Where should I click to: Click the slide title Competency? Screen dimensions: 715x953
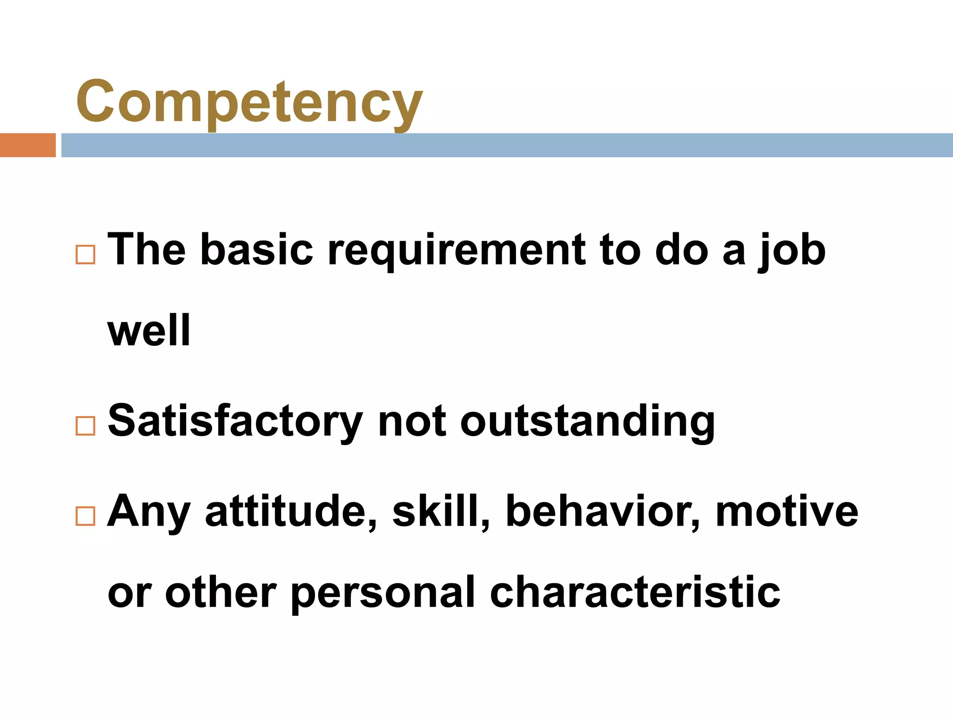249,101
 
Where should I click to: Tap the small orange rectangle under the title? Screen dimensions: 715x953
27,145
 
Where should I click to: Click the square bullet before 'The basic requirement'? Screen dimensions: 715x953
85,255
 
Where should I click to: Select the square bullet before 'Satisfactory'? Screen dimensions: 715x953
85,425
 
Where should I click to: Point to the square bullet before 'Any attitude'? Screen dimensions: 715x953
85,516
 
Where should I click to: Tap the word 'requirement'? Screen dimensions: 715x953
456,251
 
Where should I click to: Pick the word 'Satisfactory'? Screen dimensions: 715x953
235,421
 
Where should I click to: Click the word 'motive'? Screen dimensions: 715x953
786,512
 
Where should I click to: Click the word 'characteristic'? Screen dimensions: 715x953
635,592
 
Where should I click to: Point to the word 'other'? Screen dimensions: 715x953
221,592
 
